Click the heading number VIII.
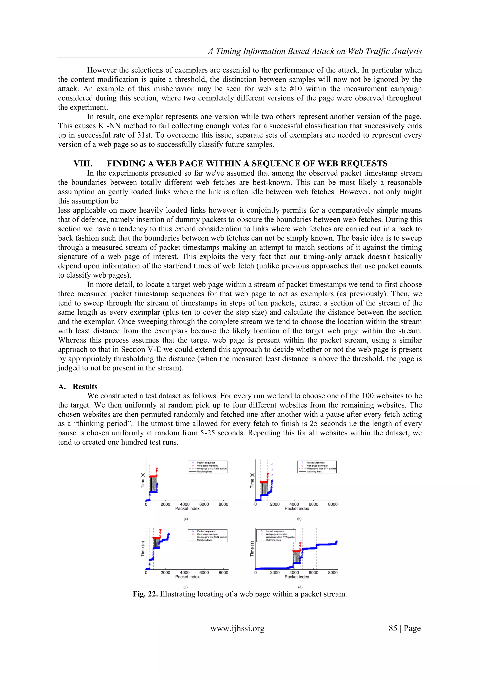click(x=83, y=164)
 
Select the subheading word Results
click(x=85, y=387)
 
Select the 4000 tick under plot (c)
click(x=185, y=573)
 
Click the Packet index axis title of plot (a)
click(x=187, y=509)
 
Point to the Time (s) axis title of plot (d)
click(x=252, y=549)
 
